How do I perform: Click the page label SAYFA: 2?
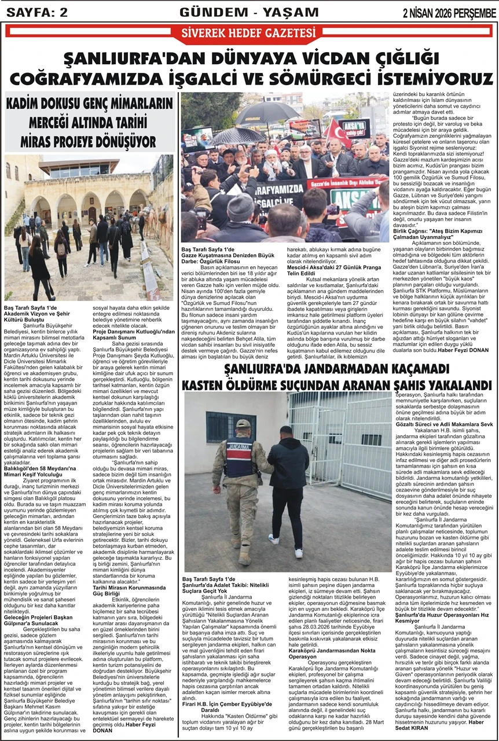click(35, 12)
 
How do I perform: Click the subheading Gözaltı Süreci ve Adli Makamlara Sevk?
click(443, 425)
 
